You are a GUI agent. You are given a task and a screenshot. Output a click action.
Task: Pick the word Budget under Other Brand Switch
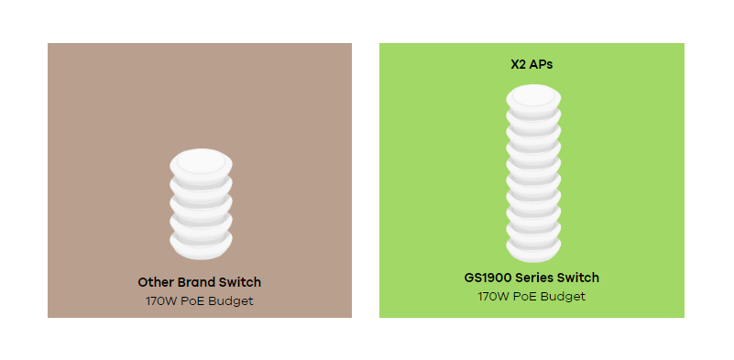point(231,301)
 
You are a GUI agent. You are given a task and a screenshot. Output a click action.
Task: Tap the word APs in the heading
point(542,65)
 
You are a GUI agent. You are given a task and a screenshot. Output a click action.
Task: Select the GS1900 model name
point(488,278)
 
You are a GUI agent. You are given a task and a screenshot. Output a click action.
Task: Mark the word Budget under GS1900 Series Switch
point(563,296)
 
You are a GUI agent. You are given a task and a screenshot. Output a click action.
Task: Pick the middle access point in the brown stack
point(201,206)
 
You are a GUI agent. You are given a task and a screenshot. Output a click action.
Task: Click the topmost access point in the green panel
point(533,97)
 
